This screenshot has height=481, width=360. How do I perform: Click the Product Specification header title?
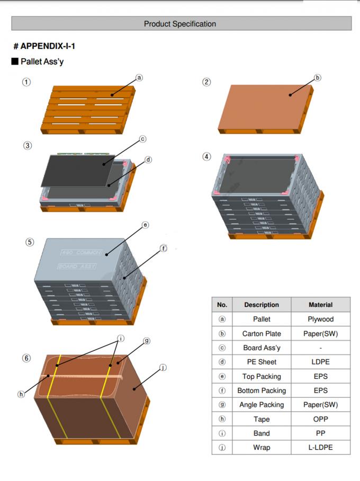point(180,24)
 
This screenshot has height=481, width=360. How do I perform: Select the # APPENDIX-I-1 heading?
point(44,46)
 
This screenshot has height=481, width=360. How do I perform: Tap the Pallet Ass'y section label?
point(42,61)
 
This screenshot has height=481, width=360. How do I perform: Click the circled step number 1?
point(26,82)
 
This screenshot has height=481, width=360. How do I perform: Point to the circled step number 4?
point(206,157)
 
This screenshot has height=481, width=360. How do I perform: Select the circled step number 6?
point(26,358)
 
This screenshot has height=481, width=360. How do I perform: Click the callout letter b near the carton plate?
point(317,77)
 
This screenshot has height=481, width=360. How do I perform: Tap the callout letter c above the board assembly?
point(142,139)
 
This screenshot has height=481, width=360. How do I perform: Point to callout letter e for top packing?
point(145,226)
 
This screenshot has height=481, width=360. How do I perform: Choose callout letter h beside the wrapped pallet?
point(21,394)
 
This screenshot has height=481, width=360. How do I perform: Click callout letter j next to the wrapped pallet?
point(163,367)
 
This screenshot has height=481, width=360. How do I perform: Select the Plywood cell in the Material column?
point(320,319)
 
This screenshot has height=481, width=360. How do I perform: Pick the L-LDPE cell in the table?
point(320,448)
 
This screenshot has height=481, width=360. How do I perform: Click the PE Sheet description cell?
point(262,362)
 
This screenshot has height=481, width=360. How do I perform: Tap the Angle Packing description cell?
point(262,405)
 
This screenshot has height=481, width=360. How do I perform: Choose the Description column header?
point(262,305)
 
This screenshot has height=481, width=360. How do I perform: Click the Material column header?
point(320,305)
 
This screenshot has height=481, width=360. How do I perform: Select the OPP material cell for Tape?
point(320,419)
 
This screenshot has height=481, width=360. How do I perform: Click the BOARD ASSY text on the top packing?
point(77,266)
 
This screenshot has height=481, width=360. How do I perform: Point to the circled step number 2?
point(206,82)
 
